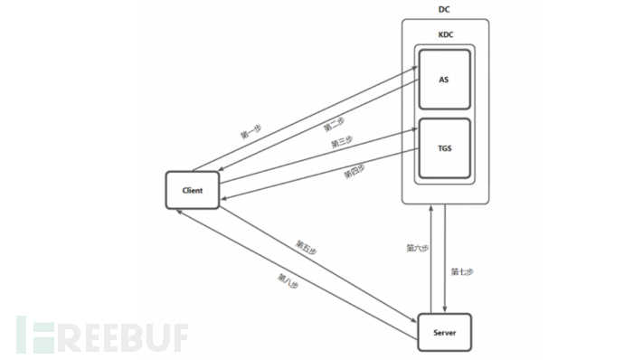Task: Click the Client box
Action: click(x=192, y=191)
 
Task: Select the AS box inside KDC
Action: click(x=444, y=79)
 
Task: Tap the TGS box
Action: click(x=444, y=148)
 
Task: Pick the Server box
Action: click(x=445, y=332)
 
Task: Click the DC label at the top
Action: click(x=444, y=10)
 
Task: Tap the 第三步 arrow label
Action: click(x=341, y=142)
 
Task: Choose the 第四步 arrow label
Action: click(x=354, y=169)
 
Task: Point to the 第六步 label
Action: click(x=417, y=248)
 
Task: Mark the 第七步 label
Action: click(x=462, y=270)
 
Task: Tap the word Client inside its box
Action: click(x=192, y=191)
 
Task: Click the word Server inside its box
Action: click(x=445, y=332)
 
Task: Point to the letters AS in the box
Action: click(x=444, y=79)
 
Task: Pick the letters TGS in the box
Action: click(x=444, y=148)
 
